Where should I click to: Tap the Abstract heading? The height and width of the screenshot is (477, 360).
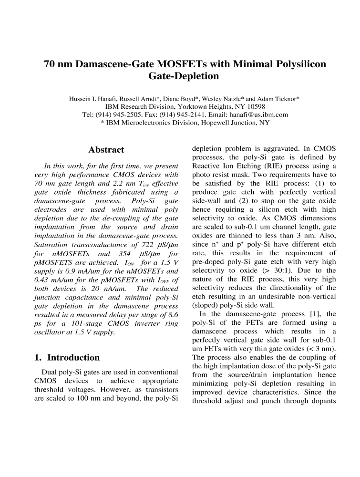[x=106, y=150]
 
